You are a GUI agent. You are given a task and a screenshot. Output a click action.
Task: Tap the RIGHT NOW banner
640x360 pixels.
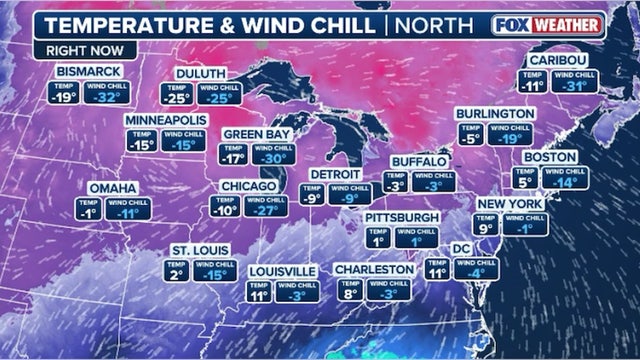pyautogui.click(x=68, y=48)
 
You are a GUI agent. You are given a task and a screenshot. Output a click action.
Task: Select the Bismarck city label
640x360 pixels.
pyautogui.click(x=89, y=72)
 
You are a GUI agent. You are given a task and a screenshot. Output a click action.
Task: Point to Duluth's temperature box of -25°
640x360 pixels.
pyautogui.click(x=177, y=96)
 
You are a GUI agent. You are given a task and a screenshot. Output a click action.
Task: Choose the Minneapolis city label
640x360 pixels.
pyautogui.click(x=165, y=120)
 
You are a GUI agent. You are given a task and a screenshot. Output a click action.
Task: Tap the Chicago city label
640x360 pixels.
pyautogui.click(x=248, y=187)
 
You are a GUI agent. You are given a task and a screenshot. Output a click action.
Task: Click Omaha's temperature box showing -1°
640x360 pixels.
pyautogui.click(x=89, y=210)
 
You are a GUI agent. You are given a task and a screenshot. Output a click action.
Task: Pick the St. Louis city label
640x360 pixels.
pyautogui.click(x=194, y=249)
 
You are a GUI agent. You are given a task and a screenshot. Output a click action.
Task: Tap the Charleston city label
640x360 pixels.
pyautogui.click(x=373, y=270)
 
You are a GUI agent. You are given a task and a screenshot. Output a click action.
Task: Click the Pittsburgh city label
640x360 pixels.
pyautogui.click(x=402, y=217)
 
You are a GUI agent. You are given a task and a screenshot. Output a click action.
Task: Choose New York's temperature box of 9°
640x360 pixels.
pyautogui.click(x=487, y=227)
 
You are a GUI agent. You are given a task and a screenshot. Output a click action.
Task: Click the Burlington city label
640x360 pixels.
pyautogui.click(x=494, y=114)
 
